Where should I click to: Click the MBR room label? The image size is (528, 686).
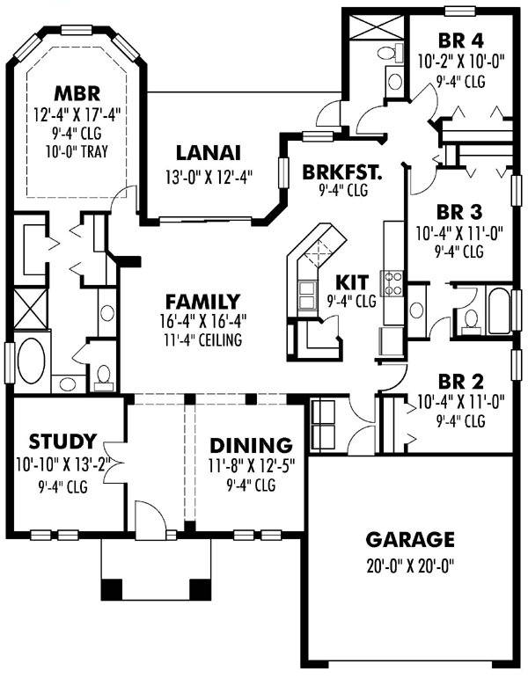[77, 93]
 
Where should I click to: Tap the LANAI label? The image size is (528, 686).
[209, 153]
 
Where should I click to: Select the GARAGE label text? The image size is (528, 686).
[410, 540]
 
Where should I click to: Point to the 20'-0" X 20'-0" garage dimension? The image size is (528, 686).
[410, 566]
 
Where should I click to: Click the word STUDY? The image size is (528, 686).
[62, 442]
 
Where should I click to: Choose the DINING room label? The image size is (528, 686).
[251, 445]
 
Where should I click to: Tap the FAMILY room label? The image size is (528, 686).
[202, 302]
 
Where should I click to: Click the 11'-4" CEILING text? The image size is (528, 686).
[202, 340]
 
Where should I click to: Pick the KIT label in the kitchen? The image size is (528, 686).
[352, 282]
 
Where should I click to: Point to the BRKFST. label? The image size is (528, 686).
[342, 172]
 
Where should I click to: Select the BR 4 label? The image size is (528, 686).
[460, 40]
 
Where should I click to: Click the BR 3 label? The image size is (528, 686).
[458, 212]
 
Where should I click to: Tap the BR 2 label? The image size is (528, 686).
[460, 382]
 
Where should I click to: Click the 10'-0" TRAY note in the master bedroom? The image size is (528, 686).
[77, 151]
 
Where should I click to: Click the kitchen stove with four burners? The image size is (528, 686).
[393, 283]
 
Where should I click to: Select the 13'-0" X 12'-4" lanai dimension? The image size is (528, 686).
[209, 178]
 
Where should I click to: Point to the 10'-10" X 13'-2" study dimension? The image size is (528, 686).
[62, 463]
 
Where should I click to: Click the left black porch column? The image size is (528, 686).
[112, 590]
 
